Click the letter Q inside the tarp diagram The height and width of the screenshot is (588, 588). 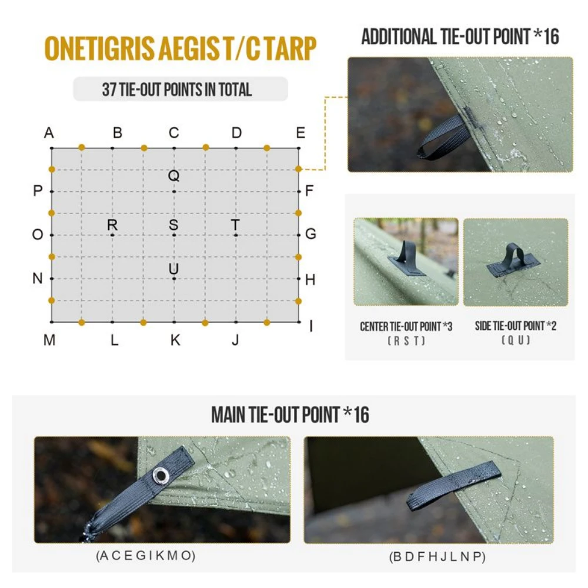[x=173, y=176]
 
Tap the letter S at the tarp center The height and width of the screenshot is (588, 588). [x=173, y=225]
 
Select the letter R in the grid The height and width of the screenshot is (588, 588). [x=112, y=225]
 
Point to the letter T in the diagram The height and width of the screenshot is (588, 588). [x=235, y=225]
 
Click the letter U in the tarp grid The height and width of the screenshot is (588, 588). [x=173, y=269]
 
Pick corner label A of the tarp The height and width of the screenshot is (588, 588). [x=49, y=133]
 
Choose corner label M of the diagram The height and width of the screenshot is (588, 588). [x=49, y=340]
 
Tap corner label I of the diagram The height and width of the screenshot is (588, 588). [x=310, y=326]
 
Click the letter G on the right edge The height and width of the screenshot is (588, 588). [x=310, y=234]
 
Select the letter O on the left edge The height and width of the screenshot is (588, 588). [x=38, y=235]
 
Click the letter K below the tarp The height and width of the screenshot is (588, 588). [x=175, y=340]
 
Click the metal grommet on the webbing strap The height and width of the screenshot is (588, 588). [x=159, y=473]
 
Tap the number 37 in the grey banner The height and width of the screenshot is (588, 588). [x=109, y=89]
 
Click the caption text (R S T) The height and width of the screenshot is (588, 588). [x=406, y=340]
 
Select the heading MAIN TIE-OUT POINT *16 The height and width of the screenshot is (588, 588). [x=290, y=415]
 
